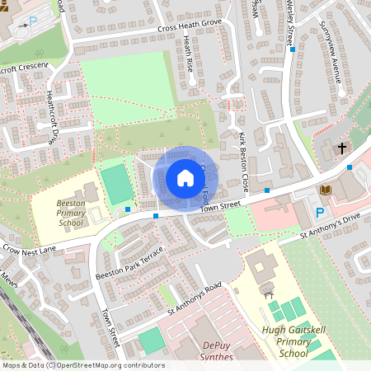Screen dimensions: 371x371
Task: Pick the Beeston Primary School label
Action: click(71, 213)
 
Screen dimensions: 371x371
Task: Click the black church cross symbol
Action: click(342, 149)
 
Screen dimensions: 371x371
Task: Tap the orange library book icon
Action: click(324, 192)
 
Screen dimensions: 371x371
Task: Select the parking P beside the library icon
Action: click(320, 213)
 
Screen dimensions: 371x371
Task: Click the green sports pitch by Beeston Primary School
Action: click(117, 184)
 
